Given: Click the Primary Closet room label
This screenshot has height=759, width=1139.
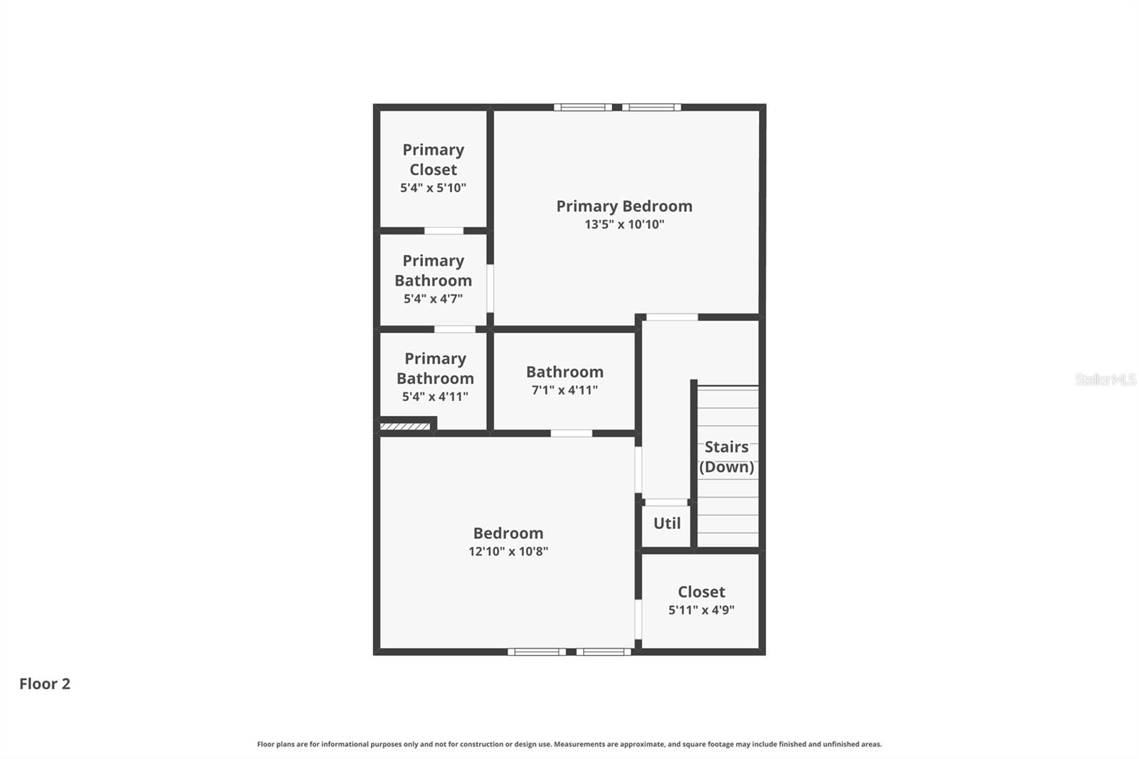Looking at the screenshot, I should pos(433,159).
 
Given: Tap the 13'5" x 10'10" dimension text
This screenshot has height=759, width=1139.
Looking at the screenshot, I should pos(624,224).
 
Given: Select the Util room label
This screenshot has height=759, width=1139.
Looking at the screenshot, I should pos(667,523).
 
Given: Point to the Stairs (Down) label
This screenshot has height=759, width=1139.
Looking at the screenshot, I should pos(726,457).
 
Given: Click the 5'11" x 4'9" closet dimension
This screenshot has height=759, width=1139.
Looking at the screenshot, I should pos(701,610).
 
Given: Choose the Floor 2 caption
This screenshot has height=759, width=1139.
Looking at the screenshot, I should pos(45,684).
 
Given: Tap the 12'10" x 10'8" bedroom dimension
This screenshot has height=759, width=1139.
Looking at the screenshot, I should pos(508,551).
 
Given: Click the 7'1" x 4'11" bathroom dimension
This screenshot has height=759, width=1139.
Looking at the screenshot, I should pos(565,390).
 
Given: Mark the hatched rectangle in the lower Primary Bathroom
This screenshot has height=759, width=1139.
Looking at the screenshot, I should pos(404,426).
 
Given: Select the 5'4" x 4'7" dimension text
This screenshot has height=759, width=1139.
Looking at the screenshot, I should pos(433,299).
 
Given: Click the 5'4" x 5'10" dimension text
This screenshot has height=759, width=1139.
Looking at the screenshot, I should pos(433,188).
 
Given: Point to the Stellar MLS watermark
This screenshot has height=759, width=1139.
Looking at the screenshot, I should pos(1105,379).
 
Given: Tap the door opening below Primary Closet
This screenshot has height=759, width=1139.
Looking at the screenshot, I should pos(443,231).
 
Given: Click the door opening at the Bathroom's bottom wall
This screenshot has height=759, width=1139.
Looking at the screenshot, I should pos(571,433).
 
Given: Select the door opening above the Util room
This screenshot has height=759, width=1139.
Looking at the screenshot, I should pos(666,503).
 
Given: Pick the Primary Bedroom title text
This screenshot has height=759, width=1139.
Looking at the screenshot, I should pos(624,206).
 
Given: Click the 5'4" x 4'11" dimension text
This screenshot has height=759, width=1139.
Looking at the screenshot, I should pos(435,397).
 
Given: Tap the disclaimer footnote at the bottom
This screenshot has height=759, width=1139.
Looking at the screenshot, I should pos(569,744).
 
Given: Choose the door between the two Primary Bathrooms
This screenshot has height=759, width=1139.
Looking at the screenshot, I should pos(455,329).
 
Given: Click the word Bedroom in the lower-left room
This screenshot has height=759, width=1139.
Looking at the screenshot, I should pos(508,533).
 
